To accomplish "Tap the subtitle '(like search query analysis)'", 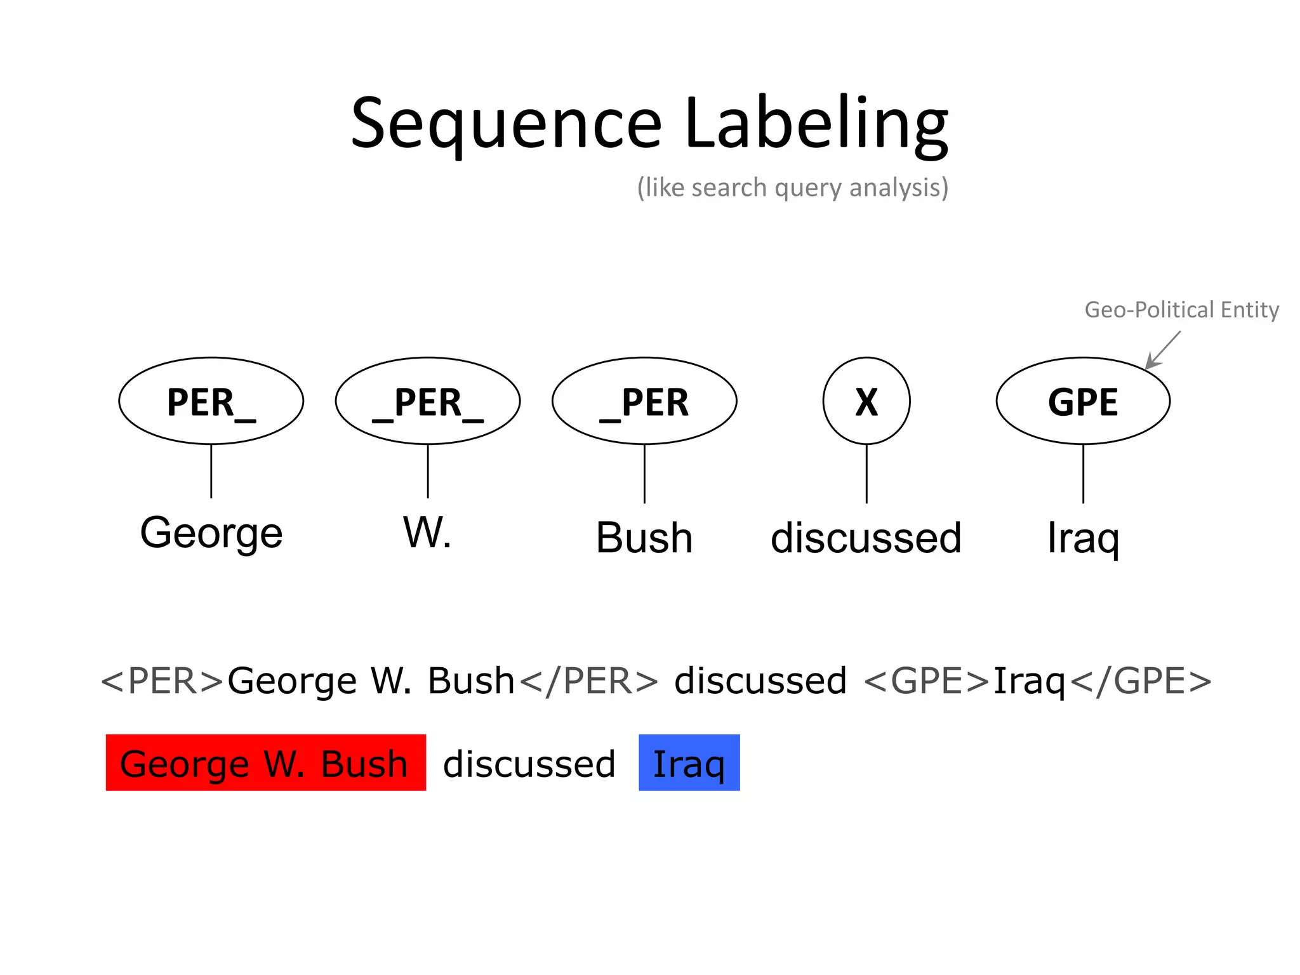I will pyautogui.click(x=792, y=188).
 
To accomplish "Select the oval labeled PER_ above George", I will pyautogui.click(x=211, y=401).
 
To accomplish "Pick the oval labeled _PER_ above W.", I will pyautogui.click(x=427, y=401).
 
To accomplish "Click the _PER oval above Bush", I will pyautogui.click(x=644, y=401).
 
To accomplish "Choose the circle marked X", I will pyautogui.click(x=866, y=401).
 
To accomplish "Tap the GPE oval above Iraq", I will pyautogui.click(x=1083, y=401).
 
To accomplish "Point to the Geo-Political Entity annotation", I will pyautogui.click(x=1181, y=310).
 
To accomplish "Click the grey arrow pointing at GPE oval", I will pyautogui.click(x=1163, y=350).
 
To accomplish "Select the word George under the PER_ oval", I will pyautogui.click(x=211, y=533).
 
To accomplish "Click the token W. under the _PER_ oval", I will pyautogui.click(x=427, y=533).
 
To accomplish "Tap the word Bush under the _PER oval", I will pyautogui.click(x=644, y=538).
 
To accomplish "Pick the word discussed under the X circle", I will pyautogui.click(x=866, y=538).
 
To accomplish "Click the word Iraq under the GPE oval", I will pyautogui.click(x=1083, y=538).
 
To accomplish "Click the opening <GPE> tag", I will pyautogui.click(x=927, y=681).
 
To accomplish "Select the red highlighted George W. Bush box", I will pyautogui.click(x=265, y=762).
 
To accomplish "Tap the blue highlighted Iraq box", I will pyautogui.click(x=689, y=762).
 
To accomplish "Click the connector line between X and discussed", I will pyautogui.click(x=866, y=474).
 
